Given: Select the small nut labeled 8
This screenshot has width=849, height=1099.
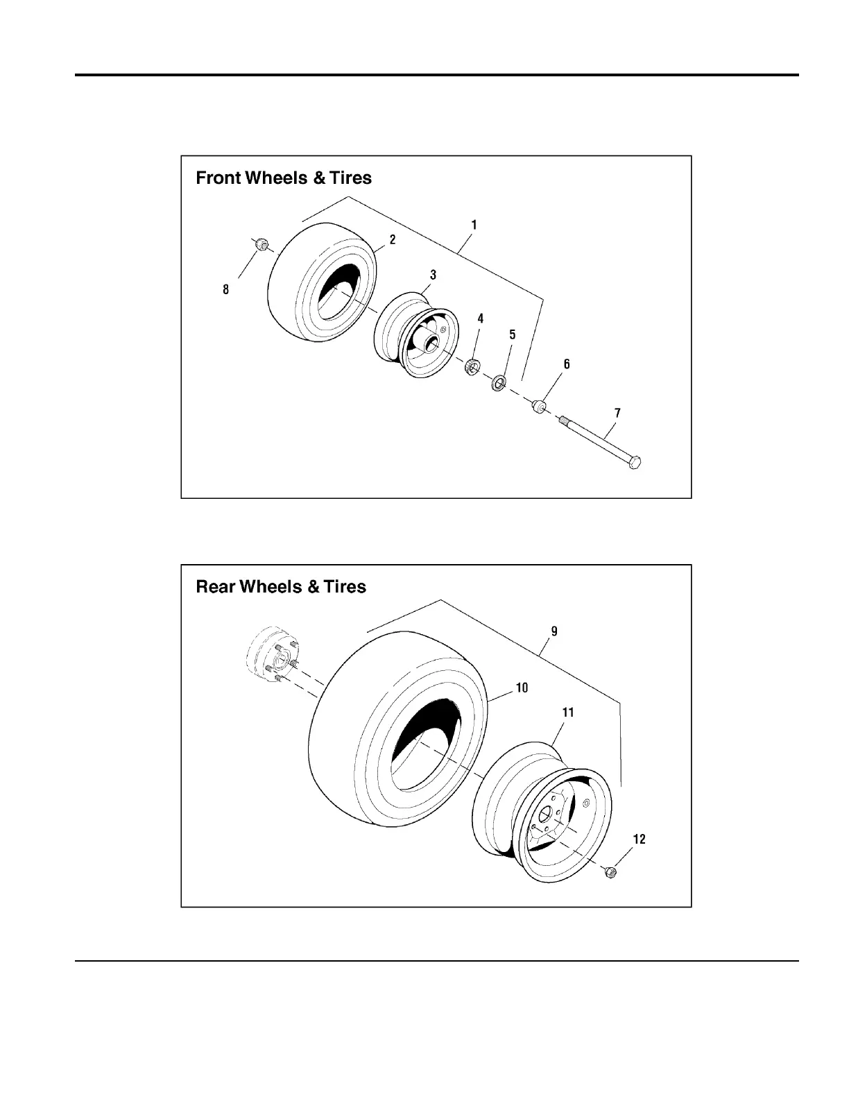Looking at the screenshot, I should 261,244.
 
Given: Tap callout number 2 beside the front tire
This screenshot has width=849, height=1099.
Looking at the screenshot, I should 393,239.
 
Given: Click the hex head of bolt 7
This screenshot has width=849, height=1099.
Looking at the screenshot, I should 634,462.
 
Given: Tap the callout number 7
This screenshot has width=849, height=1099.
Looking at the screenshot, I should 617,413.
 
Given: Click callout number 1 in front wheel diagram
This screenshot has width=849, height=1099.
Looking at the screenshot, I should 474,225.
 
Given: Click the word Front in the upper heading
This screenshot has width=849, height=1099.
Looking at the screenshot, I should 218,178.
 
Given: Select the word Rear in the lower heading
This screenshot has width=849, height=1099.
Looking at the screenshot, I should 216,587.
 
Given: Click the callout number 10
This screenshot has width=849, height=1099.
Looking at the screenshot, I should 522,688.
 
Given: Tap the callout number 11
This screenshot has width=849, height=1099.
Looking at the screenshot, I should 568,713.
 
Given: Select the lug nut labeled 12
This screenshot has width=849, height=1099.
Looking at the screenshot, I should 610,871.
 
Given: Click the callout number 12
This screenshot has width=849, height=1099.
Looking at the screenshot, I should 639,840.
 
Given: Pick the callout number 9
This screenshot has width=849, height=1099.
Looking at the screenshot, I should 554,631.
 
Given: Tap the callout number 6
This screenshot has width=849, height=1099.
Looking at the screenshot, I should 567,364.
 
